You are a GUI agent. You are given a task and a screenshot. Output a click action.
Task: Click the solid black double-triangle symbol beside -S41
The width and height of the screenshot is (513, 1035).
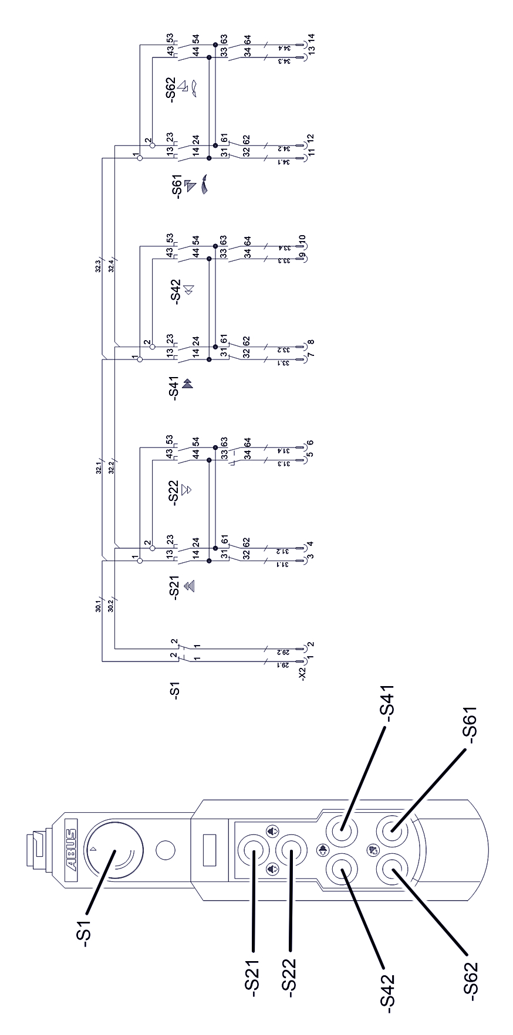tap(188, 385)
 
